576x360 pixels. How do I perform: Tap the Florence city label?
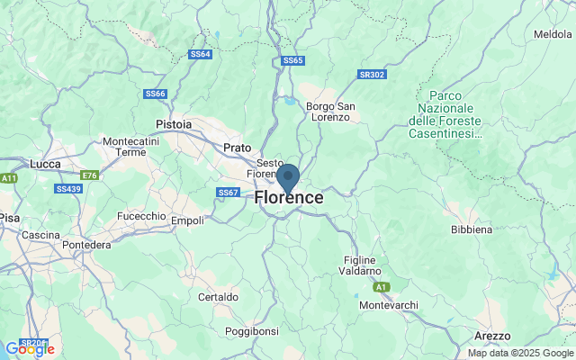tap(289, 197)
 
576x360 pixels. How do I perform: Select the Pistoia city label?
tap(174, 123)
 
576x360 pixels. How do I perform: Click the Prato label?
tap(237, 147)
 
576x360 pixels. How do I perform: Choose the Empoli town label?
tap(187, 220)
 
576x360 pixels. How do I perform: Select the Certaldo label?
tap(219, 296)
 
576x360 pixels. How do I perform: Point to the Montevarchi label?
tap(388, 305)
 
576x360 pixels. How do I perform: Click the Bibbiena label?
tap(472, 229)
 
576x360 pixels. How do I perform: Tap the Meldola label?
tap(553, 34)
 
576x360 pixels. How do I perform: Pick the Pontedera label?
tap(85, 245)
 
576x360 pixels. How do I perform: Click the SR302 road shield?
tap(371, 75)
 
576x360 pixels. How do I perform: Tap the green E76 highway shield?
tap(89, 175)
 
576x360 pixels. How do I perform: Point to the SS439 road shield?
tap(67, 189)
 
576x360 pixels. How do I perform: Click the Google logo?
tap(29, 349)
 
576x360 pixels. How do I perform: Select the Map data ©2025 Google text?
tap(519, 353)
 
